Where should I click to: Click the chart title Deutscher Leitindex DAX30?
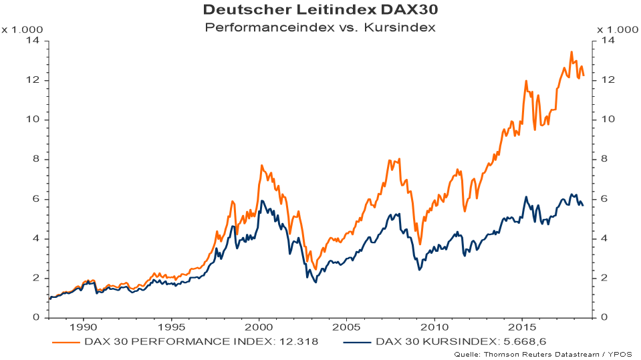(x=320, y=11)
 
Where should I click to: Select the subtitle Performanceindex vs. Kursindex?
(x=320, y=27)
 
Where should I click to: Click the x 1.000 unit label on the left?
(x=22, y=29)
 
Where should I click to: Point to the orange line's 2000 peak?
(x=261, y=165)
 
